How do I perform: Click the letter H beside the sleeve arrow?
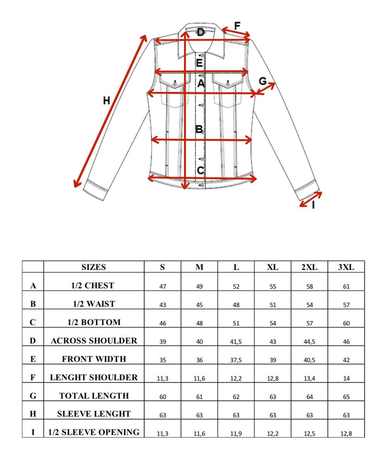click(107, 100)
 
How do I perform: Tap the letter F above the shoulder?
click(237, 25)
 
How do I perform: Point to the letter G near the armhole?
click(263, 81)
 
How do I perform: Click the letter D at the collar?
click(201, 33)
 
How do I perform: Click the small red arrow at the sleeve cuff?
click(310, 198)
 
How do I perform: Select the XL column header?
click(272, 267)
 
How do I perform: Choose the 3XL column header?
click(346, 267)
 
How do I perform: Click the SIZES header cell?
click(94, 267)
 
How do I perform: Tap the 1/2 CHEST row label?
click(94, 286)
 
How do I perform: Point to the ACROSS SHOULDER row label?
click(94, 340)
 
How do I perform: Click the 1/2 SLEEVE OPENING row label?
click(94, 432)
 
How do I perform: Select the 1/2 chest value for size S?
click(163, 287)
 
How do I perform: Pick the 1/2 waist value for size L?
click(236, 305)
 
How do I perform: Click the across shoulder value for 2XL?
click(309, 341)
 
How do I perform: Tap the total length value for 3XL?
click(346, 396)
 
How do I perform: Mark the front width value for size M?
click(199, 360)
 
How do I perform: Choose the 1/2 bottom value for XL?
click(272, 323)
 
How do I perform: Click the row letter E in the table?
click(33, 359)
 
